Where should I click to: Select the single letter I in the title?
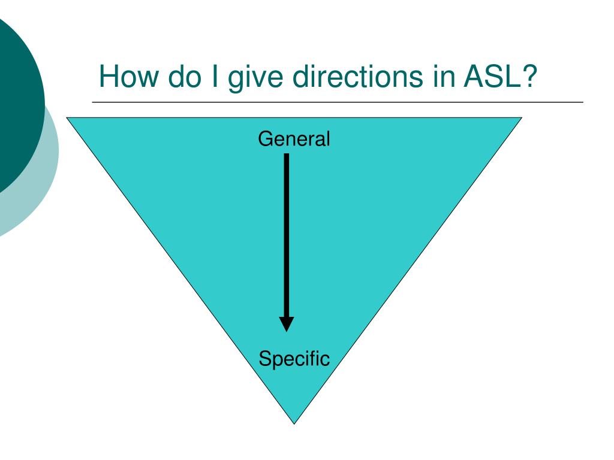(x=215, y=77)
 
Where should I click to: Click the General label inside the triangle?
(x=294, y=140)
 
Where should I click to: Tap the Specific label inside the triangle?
(x=294, y=359)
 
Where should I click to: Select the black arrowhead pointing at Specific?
(x=287, y=323)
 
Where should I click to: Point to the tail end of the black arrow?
(x=287, y=156)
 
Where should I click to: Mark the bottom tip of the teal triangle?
(x=294, y=422)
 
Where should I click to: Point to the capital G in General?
(x=264, y=140)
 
